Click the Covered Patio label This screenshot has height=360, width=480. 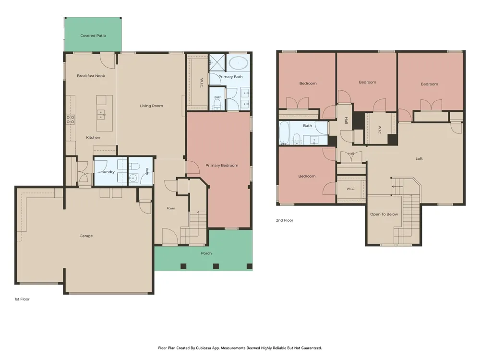(93, 36)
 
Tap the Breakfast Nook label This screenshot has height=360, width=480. (91, 76)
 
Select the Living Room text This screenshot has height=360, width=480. (152, 106)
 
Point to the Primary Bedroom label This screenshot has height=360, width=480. (222, 165)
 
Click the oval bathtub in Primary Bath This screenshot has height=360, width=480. (238, 63)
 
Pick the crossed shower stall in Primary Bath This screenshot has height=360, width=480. (217, 62)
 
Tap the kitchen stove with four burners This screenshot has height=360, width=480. (71, 120)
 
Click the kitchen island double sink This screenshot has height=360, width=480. (101, 115)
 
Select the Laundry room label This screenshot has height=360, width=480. (107, 172)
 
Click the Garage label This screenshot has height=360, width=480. (86, 236)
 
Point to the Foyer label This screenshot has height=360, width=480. (171, 208)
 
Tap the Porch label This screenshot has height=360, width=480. (206, 253)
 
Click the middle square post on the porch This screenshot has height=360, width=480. (216, 266)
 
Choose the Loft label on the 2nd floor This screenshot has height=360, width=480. (419, 158)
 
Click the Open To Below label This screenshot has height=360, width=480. (384, 214)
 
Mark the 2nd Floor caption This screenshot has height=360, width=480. (284, 220)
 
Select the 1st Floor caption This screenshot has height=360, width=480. (22, 299)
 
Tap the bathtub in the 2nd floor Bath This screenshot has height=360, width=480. (284, 133)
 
